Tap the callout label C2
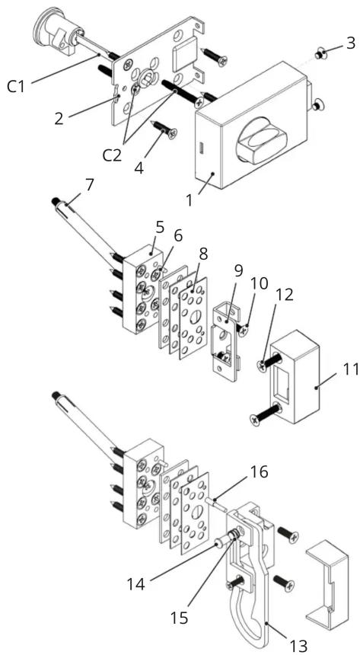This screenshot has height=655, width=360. [x=113, y=155]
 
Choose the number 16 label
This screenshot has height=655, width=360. [x=259, y=472]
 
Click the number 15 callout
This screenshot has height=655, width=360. [x=180, y=618]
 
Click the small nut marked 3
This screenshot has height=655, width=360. [x=320, y=53]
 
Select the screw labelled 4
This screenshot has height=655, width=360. [x=164, y=128]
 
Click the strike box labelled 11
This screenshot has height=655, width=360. [x=295, y=377]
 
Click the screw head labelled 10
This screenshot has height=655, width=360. [x=244, y=329]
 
